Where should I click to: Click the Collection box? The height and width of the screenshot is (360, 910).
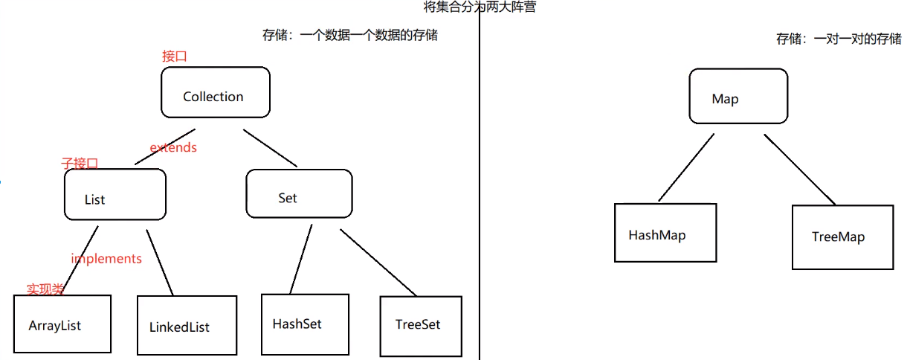[214, 92]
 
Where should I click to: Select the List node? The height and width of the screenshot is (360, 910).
[114, 194]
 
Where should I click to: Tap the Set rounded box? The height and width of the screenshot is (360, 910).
[299, 193]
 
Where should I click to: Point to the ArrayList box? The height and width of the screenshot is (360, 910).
[62, 324]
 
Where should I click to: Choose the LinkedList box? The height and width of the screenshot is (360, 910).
[187, 326]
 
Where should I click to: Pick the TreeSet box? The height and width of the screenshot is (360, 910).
[420, 326]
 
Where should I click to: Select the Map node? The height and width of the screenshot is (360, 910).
[738, 96]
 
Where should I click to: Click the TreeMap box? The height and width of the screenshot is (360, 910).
[842, 237]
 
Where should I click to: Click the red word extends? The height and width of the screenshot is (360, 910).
[173, 147]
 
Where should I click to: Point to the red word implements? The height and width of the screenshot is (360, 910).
[106, 259]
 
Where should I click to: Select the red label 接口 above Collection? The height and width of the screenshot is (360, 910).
[174, 57]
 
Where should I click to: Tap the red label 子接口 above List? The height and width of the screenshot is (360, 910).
[80, 163]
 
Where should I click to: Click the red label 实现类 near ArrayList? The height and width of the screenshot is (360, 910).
[45, 289]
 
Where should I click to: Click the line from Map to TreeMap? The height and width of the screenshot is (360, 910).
[801, 170]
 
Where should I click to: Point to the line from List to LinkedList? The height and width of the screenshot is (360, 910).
[160, 263]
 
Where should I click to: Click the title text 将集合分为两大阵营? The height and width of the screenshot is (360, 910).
[480, 7]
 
